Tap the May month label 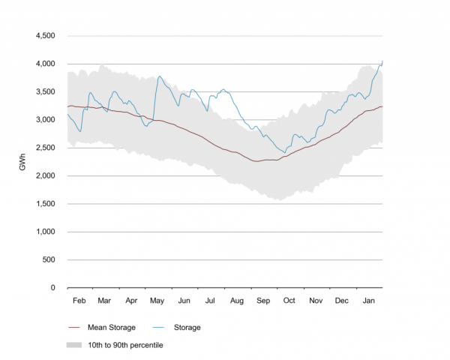pos(157,301)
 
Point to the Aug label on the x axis pos(237,301)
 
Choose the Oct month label pos(289,301)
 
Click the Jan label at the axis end pos(369,301)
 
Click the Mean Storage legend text pos(112,327)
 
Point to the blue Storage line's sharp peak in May pos(160,76)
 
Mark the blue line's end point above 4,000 pos(382,61)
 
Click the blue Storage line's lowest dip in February pos(80,132)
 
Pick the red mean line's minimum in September pos(257,161)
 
